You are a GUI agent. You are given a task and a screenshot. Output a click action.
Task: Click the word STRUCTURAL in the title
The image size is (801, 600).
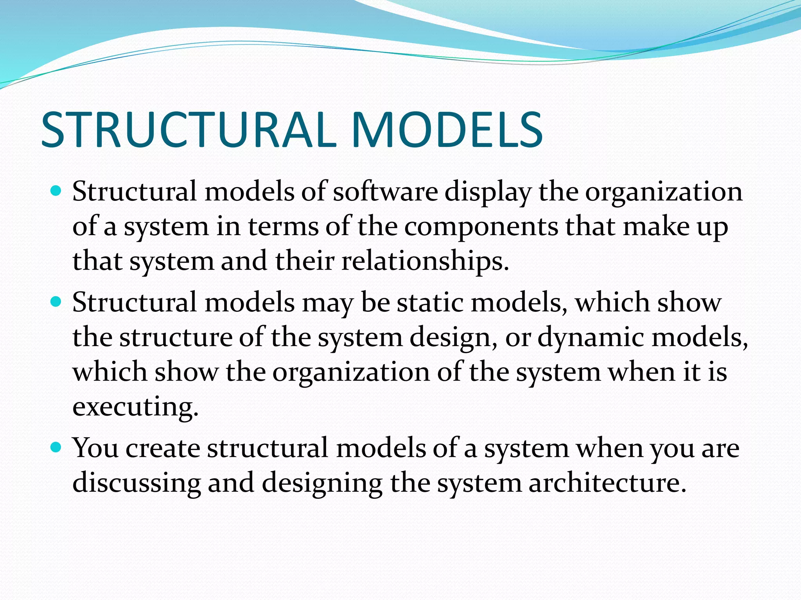[188, 130]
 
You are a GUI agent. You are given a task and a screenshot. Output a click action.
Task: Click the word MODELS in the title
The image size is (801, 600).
[447, 130]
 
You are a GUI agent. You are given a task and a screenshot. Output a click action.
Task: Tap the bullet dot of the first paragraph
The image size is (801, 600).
[57, 191]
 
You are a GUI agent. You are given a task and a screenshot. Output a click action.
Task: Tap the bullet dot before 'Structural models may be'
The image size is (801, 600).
[57, 302]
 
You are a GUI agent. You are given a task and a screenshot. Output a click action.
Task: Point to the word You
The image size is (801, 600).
[95, 448]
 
